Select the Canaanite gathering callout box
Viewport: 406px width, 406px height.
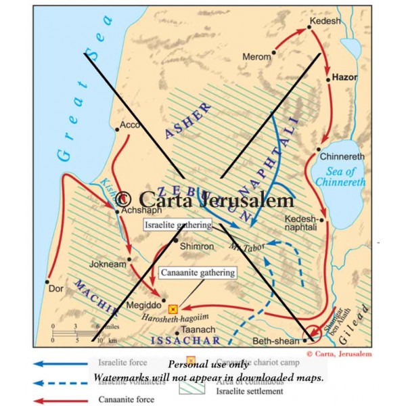click(197, 273)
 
